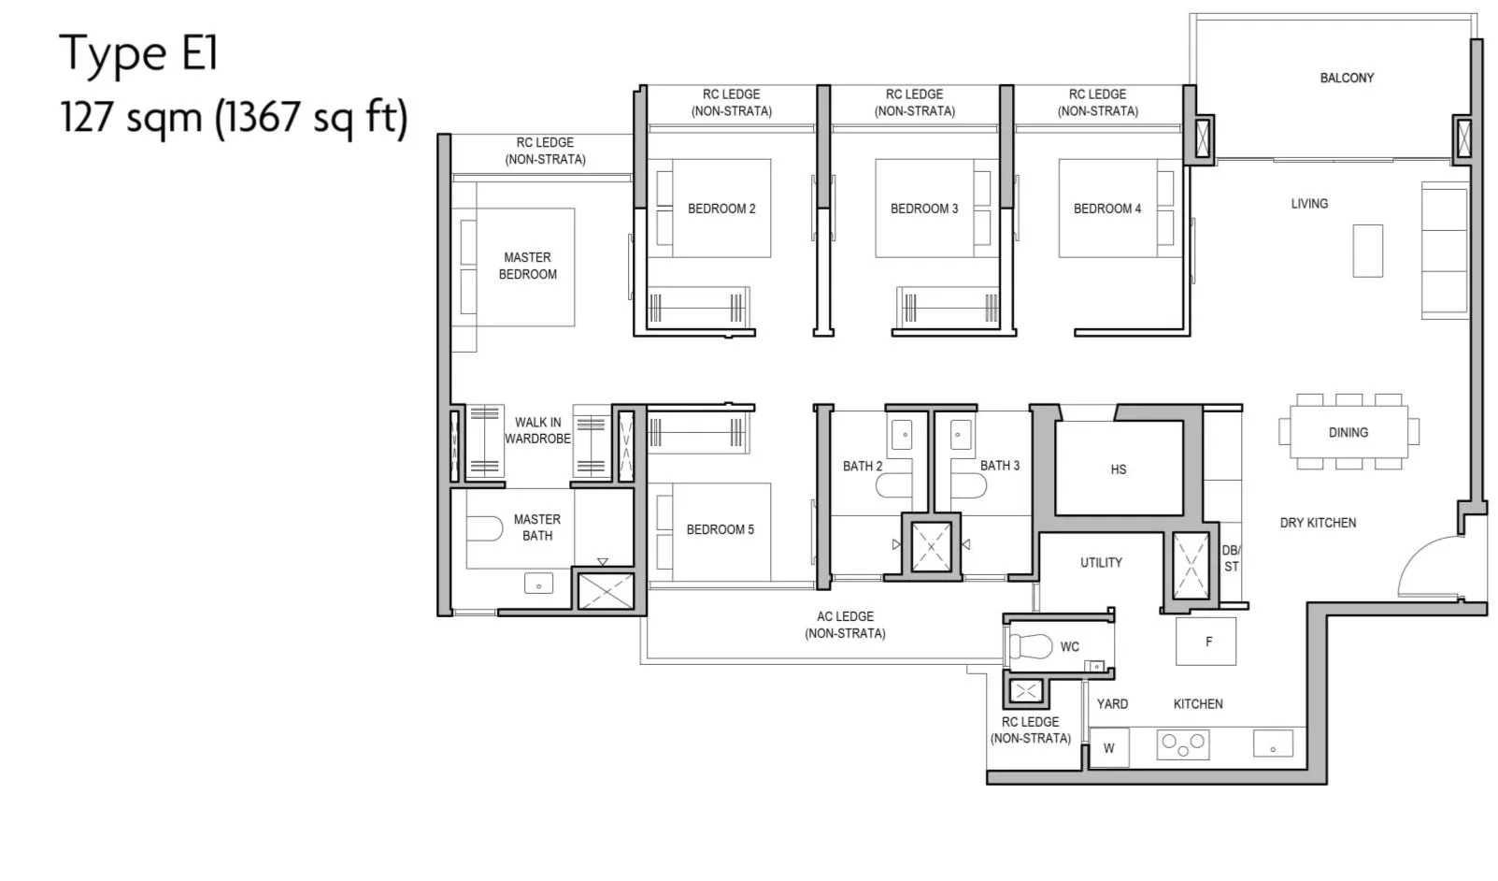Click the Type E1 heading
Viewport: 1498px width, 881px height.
pos(139,53)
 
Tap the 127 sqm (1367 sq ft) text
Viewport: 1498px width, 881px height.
pos(234,117)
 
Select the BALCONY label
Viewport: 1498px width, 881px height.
pos(1347,78)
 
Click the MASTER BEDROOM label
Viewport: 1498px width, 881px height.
pos(528,266)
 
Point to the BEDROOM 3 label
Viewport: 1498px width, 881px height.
pos(924,209)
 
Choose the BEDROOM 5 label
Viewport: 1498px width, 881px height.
pos(720,529)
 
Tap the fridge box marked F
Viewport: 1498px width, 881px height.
pos(1206,642)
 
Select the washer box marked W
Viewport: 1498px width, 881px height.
pos(1109,748)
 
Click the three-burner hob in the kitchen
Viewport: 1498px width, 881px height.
pos(1183,744)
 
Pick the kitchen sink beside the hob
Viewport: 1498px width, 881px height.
pos(1274,744)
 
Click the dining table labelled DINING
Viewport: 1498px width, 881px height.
pos(1348,432)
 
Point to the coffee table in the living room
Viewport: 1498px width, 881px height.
pos(1367,251)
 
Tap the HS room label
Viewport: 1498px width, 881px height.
pos(1119,469)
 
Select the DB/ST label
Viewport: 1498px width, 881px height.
pos(1231,558)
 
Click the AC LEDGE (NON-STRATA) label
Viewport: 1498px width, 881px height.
pos(846,625)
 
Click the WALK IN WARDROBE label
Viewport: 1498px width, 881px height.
pos(537,430)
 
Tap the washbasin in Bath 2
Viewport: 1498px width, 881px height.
pos(902,435)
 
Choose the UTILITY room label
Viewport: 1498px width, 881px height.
pos(1102,563)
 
